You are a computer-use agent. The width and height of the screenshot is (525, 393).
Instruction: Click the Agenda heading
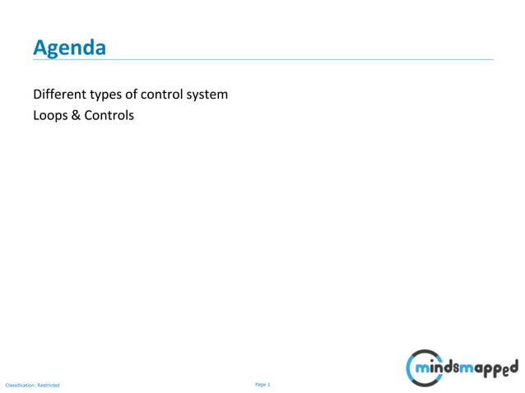point(69,49)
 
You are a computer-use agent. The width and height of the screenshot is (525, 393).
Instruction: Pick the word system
point(209,95)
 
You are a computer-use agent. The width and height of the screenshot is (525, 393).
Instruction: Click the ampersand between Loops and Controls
point(77,116)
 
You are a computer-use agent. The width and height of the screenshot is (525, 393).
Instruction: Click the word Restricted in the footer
point(49,385)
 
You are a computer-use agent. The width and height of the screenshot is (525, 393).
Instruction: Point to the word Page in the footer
point(261,384)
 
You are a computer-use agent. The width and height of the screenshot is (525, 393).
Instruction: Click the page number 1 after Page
point(269,384)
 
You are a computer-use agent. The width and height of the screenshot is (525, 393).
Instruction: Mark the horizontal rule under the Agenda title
point(263,60)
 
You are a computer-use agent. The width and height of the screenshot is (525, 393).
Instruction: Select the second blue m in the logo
point(471,366)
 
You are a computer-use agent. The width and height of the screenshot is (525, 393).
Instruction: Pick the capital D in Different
point(37,95)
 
